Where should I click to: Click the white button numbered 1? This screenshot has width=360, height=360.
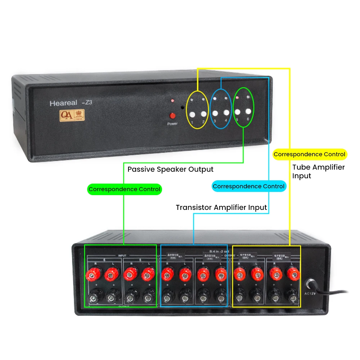(192, 115)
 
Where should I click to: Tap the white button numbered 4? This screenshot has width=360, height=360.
(226, 112)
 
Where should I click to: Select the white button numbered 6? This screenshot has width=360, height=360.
(248, 111)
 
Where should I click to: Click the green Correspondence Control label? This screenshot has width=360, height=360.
(125, 189)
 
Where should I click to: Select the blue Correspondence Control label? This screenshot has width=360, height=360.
(249, 186)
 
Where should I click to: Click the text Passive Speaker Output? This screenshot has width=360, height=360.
(170, 169)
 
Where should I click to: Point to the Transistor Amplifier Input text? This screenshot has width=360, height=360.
(221, 207)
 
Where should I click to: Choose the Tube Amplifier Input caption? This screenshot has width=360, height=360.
(318, 171)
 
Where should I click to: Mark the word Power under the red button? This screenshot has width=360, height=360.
(172, 124)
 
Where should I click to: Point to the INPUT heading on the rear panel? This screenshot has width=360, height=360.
(122, 255)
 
